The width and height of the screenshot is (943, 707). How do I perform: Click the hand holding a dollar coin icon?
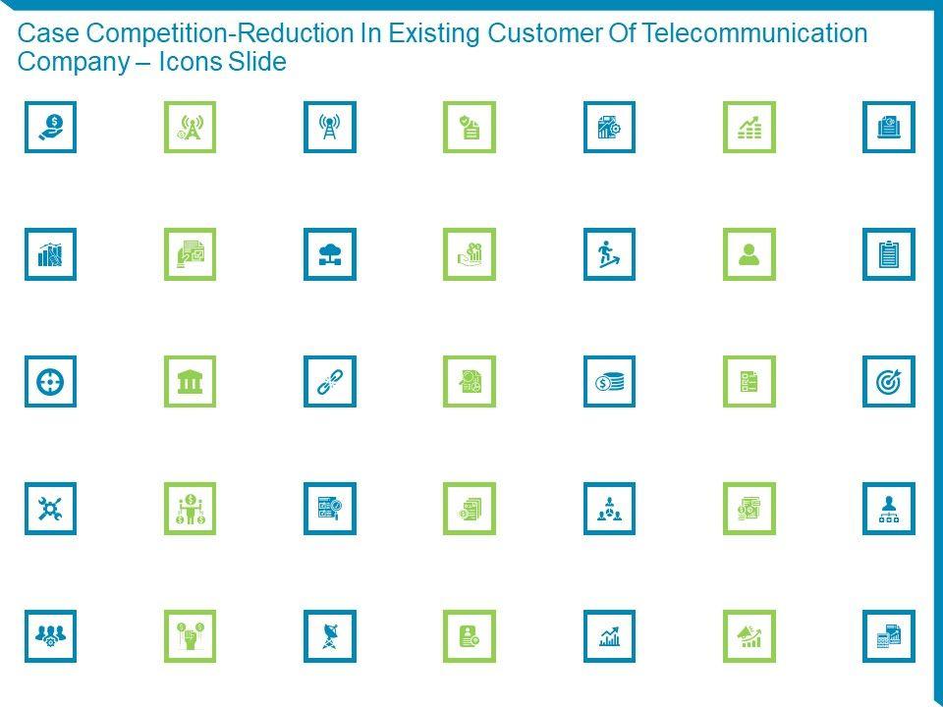click(50, 128)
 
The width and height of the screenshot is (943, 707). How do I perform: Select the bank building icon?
click(190, 382)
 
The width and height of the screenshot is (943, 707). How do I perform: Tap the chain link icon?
click(330, 382)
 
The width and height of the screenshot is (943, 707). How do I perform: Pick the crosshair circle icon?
click(50, 382)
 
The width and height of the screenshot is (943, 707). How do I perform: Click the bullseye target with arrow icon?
click(889, 382)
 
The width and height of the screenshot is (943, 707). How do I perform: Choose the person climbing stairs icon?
click(609, 254)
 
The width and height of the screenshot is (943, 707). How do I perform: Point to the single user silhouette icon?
click(749, 254)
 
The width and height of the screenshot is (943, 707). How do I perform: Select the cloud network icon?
click(330, 254)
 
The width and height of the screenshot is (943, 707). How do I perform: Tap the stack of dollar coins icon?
click(609, 382)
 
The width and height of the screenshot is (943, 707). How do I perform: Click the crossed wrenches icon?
click(50, 509)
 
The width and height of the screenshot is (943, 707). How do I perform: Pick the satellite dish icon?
click(330, 636)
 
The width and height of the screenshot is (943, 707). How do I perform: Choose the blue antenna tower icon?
click(330, 128)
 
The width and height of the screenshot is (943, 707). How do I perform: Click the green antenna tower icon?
click(190, 128)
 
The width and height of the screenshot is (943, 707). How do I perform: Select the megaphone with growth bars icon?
click(749, 636)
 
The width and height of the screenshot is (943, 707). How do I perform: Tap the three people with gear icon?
click(50, 636)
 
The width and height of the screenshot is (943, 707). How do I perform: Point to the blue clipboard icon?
click(889, 254)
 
